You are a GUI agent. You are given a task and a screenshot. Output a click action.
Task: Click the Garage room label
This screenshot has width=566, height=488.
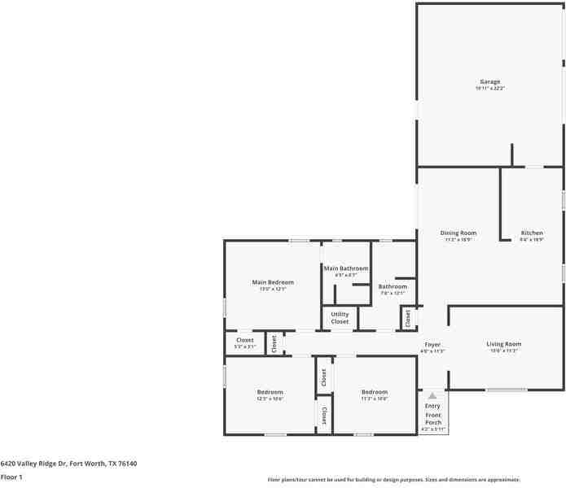489,81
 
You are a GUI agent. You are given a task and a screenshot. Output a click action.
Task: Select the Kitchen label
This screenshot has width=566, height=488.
532,233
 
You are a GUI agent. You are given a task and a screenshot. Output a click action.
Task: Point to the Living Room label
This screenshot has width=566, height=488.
503,344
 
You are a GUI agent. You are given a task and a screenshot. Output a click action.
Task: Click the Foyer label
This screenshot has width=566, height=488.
432,345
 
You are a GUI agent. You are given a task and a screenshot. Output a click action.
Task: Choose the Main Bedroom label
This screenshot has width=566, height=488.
273,282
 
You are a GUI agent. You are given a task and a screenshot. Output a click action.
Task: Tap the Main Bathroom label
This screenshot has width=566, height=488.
346,268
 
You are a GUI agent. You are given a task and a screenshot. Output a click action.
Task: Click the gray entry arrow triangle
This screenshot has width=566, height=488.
432,395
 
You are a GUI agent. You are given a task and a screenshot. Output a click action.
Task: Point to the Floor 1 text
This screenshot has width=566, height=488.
11,477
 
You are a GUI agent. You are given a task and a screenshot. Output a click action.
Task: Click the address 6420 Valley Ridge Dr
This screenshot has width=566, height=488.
68,464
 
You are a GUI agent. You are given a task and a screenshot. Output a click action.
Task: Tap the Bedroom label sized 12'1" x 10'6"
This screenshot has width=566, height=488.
270,392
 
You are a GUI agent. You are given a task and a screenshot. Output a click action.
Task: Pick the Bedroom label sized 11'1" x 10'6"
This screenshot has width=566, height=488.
375,392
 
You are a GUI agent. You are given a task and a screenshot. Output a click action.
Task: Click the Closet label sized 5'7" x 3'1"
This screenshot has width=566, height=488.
245,340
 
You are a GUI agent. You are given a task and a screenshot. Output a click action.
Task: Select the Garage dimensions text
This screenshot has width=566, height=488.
489,88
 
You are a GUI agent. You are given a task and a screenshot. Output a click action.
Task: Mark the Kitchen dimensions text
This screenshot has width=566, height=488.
532,240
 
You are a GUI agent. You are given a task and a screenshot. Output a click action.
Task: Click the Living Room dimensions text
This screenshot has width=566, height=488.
503,351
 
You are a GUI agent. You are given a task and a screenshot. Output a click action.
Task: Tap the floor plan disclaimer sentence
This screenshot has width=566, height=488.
394,480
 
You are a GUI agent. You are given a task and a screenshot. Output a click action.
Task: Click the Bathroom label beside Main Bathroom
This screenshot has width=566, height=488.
393,286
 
